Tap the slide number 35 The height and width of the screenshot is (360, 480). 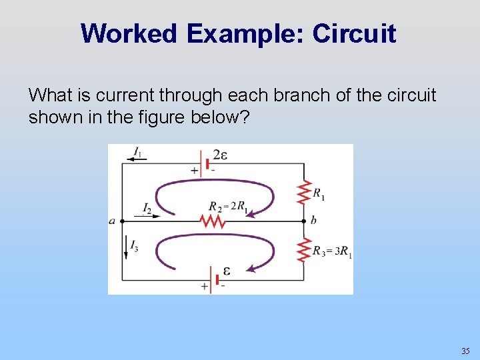(465, 351)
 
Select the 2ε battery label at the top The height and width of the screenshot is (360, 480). (220, 156)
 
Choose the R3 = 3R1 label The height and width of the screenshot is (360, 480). (333, 251)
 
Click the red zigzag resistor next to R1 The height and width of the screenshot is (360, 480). (304, 193)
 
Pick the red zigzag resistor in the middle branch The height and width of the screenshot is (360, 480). (213, 221)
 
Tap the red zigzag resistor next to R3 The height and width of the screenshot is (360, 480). (304, 249)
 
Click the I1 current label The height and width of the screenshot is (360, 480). (137, 153)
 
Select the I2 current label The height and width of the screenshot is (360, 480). (147, 209)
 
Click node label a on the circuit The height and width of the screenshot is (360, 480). (112, 221)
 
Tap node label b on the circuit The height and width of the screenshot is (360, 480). (313, 221)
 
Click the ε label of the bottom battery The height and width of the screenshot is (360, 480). (226, 271)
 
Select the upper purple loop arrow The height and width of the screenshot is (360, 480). (213, 189)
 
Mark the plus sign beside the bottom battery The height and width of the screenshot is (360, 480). (204, 286)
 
